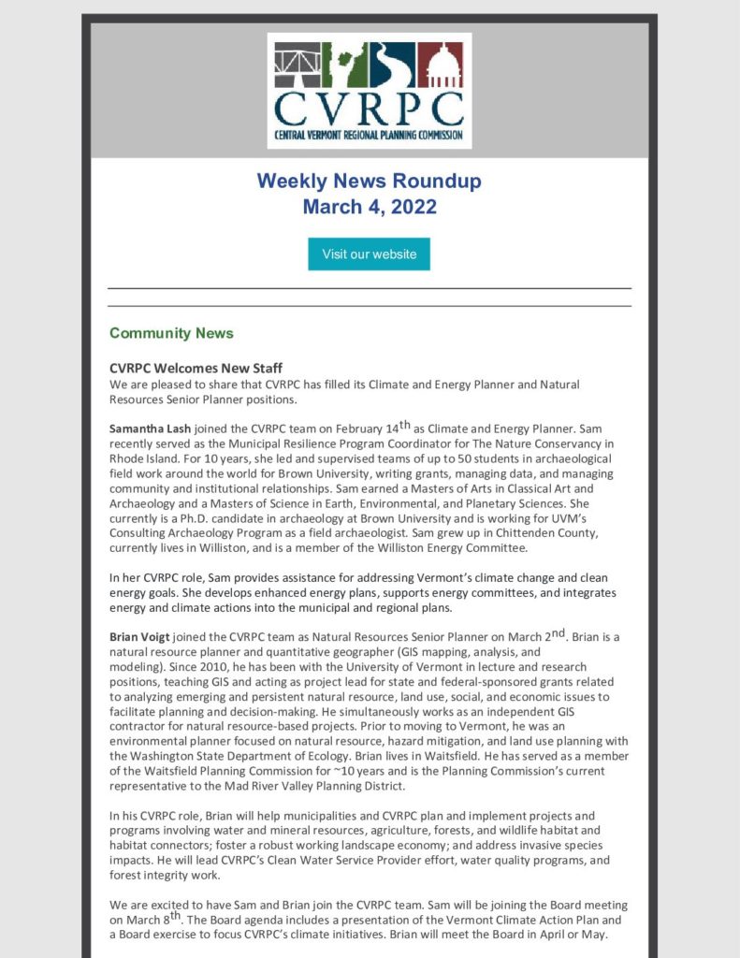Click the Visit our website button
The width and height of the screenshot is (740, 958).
(369, 254)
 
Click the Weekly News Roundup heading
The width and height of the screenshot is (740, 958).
(370, 180)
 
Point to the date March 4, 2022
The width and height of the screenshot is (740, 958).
(370, 207)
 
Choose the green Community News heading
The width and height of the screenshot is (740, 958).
(171, 333)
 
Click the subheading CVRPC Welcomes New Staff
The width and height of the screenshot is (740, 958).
(196, 368)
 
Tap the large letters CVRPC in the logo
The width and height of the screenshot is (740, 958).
(369, 109)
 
